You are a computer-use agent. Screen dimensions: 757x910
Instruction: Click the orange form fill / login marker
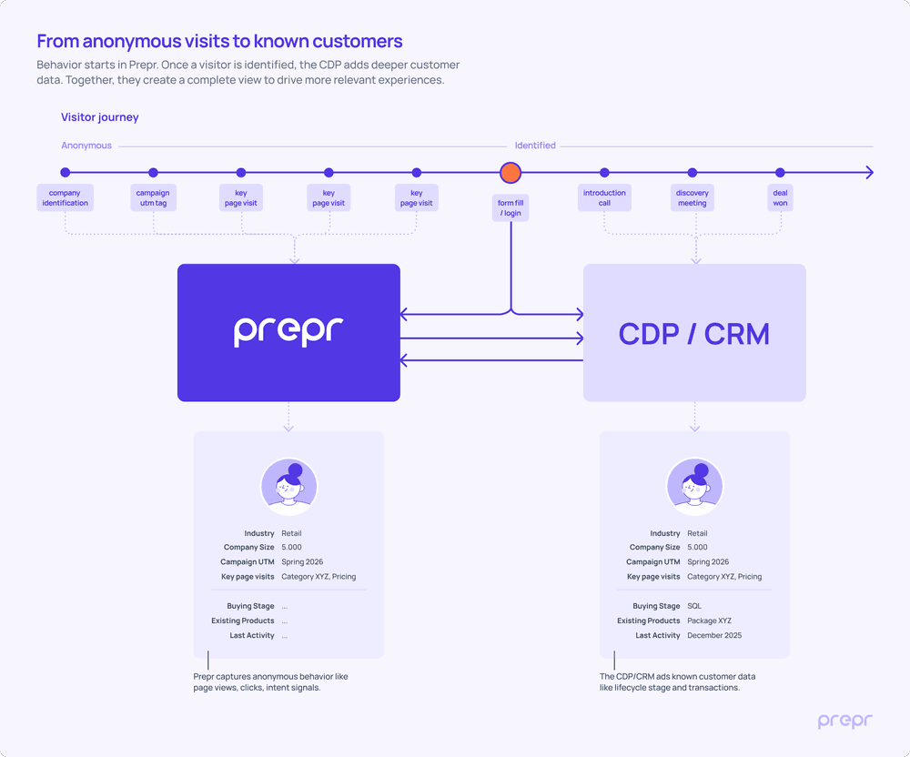(511, 173)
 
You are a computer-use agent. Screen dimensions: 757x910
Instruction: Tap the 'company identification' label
(66, 198)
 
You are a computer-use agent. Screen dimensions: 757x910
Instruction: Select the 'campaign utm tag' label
(153, 198)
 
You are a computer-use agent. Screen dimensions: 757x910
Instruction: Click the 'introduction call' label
(604, 198)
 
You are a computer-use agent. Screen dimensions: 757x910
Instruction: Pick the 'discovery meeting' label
(693, 198)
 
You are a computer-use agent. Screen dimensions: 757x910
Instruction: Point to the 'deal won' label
(780, 198)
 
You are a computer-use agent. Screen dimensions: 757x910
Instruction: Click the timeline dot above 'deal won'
(780, 173)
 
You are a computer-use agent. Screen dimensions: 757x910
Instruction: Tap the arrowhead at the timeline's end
(869, 173)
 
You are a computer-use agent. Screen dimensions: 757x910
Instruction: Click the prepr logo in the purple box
(288, 331)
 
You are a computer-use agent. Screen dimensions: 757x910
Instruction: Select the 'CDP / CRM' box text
(694, 334)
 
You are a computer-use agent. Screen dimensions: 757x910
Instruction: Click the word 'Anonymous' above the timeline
(86, 146)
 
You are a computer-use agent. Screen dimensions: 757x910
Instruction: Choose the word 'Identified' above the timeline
(535, 146)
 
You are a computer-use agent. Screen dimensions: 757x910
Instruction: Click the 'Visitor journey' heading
(100, 117)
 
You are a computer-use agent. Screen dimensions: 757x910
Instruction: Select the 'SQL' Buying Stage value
(694, 606)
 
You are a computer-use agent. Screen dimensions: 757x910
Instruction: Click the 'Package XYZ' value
(709, 621)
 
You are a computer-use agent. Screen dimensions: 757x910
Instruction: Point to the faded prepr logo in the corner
(844, 722)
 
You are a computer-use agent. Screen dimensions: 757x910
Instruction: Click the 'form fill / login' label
(511, 208)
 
